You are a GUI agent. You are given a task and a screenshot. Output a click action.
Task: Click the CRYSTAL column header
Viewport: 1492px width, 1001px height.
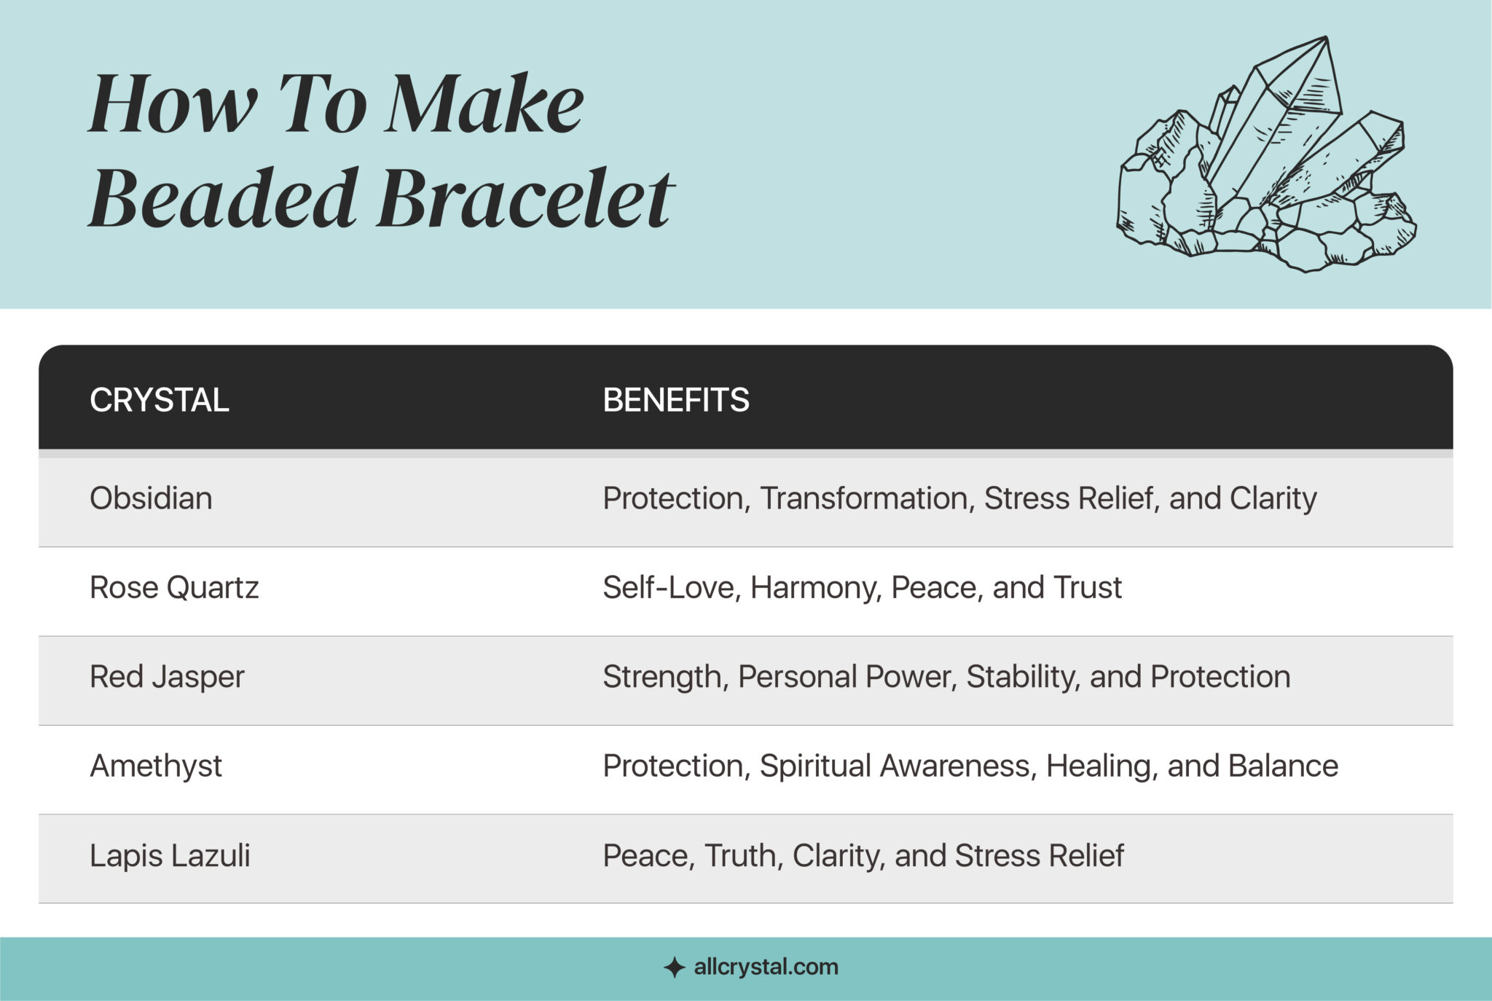[159, 400]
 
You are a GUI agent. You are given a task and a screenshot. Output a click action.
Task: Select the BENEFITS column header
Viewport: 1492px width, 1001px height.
[675, 400]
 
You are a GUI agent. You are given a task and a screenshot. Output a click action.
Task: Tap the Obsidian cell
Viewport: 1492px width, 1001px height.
[151, 498]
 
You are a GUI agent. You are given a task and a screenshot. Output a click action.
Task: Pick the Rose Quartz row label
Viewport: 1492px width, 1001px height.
[174, 587]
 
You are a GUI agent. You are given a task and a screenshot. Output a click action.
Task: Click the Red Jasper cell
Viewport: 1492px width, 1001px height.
[167, 677]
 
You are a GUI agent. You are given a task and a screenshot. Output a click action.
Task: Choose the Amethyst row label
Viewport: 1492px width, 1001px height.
[155, 766]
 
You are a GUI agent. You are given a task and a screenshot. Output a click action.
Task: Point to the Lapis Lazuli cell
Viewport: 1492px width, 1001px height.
[170, 855]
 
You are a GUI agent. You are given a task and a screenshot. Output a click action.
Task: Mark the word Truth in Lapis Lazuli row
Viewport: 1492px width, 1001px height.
[743, 855]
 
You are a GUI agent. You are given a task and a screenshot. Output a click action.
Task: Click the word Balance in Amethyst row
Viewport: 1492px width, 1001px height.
[1283, 766]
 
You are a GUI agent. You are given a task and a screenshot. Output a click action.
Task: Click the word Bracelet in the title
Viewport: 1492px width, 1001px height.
[525, 197]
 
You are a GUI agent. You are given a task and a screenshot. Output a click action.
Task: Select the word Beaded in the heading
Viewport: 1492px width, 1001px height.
[223, 197]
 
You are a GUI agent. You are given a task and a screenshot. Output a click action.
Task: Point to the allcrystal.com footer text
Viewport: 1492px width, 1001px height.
[766, 967]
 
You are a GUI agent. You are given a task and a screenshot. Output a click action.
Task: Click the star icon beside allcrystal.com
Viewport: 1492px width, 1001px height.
[675, 967]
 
